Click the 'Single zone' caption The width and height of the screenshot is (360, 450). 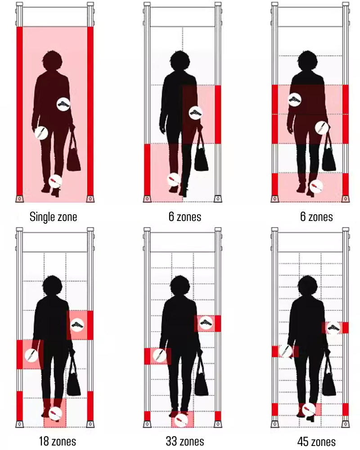[54, 217]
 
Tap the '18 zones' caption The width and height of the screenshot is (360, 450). [58, 441]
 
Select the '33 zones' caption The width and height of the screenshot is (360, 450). [185, 441]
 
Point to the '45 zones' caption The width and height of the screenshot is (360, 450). [316, 441]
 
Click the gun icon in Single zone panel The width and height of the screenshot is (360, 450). [63, 104]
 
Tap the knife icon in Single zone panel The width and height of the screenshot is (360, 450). [41, 133]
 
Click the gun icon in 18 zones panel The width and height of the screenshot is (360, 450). [77, 325]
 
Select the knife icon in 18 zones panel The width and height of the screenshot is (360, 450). [31, 355]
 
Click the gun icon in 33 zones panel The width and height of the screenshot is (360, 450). [206, 323]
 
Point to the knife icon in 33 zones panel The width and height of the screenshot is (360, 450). [159, 355]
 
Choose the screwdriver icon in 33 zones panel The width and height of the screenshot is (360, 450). [181, 420]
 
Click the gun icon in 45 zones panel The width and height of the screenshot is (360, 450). [333, 328]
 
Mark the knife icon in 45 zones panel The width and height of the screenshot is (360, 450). [285, 351]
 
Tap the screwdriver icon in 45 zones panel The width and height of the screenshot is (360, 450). [309, 409]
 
